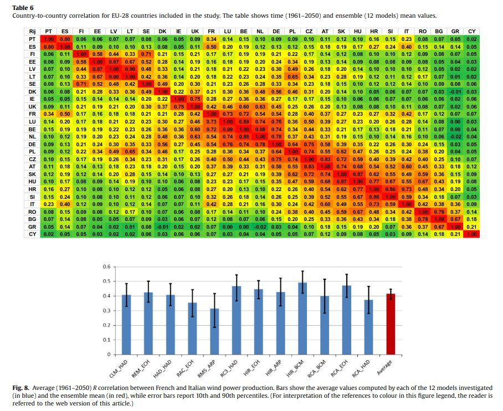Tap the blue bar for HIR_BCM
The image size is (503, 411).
click(303, 318)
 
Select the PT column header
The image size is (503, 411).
click(49, 32)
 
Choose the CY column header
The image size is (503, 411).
click(471, 32)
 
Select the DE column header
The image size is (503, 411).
click(276, 32)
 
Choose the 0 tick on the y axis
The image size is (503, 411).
click(109, 355)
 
